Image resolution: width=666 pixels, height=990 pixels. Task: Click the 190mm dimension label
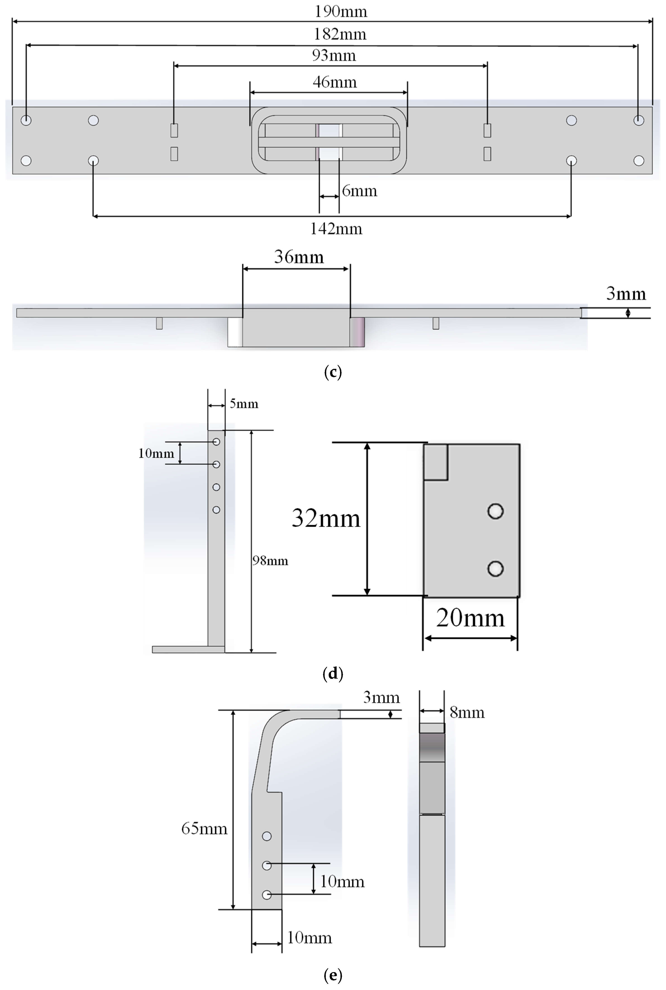[x=341, y=12]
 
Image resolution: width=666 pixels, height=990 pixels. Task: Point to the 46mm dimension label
[x=335, y=82]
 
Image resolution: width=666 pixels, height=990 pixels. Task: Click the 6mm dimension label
[x=359, y=191]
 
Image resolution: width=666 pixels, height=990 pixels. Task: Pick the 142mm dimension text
[x=336, y=229]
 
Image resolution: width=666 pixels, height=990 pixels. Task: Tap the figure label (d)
[x=333, y=673]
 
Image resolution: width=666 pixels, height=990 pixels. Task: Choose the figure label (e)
[x=333, y=975]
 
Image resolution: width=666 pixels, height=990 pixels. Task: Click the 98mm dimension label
[x=270, y=561]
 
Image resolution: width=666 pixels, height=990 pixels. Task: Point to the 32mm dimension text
[x=326, y=518]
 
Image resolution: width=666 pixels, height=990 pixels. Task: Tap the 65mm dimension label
[x=204, y=828]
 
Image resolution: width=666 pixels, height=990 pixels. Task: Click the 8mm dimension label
[x=467, y=713]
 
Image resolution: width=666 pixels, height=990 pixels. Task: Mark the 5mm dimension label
[x=244, y=404]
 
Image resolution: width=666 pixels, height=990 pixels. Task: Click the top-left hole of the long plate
[x=26, y=120]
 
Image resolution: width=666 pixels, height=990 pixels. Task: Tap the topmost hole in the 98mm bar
[x=216, y=442]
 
